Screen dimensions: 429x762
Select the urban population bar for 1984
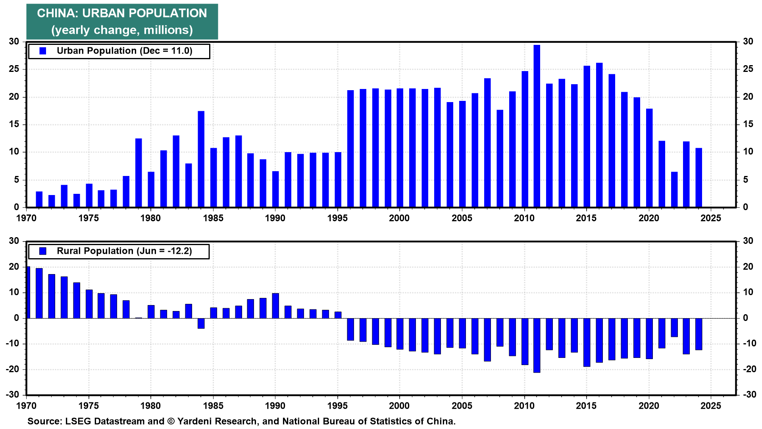(x=201, y=159)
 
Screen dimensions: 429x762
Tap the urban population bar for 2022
(x=674, y=189)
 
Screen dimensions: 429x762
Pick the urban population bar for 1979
(x=139, y=173)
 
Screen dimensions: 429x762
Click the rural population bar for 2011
(x=537, y=345)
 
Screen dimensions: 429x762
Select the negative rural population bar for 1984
(x=201, y=323)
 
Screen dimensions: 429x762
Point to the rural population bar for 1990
(x=275, y=305)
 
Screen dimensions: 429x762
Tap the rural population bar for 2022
(x=674, y=327)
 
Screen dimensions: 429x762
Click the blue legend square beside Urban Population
(x=43, y=51)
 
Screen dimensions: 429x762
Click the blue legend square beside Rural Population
(x=43, y=251)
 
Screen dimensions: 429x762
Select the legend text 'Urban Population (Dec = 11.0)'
(x=124, y=51)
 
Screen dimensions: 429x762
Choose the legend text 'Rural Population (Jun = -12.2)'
(x=124, y=251)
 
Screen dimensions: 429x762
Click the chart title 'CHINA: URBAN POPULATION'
(x=122, y=13)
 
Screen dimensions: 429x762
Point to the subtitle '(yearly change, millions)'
(x=122, y=30)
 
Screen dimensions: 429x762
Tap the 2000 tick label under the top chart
(x=399, y=218)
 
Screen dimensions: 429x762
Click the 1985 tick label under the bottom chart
(x=213, y=406)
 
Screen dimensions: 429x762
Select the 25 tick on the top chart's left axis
(x=14, y=69)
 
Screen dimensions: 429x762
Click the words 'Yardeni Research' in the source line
(x=217, y=421)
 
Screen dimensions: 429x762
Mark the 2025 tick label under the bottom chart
(x=710, y=406)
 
